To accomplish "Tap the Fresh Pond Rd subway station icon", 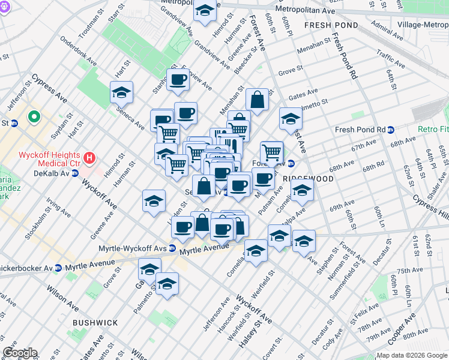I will [391, 130].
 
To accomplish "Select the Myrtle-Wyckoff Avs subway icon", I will [172, 248].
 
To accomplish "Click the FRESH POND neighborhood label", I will [331, 26].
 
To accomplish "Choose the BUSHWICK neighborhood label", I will [95, 323].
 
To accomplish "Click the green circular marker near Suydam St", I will [35, 117].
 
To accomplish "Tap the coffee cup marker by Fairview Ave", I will [178, 80].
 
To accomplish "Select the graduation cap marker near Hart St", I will [121, 93].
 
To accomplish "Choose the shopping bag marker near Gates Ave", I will [257, 100].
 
